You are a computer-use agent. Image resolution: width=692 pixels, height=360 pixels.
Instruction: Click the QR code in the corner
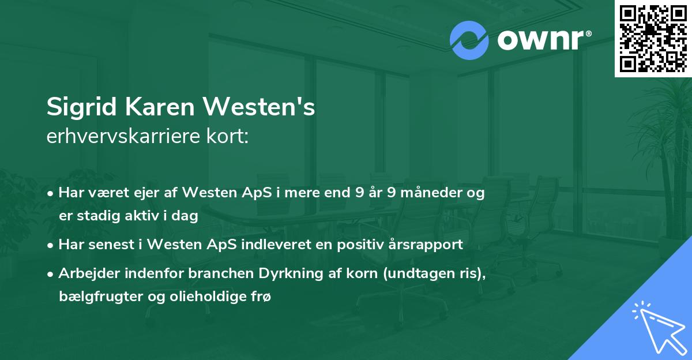(653, 39)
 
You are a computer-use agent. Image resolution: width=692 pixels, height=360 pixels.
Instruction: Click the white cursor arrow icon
(659, 329)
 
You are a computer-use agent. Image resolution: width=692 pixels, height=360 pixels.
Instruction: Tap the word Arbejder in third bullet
(86, 273)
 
